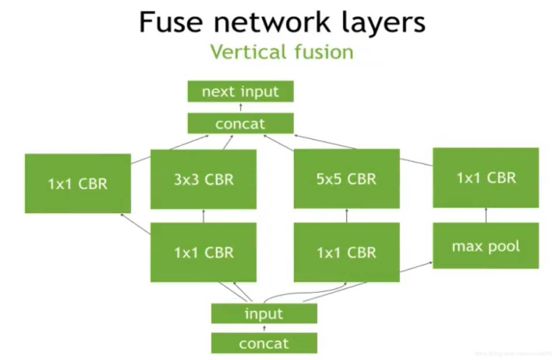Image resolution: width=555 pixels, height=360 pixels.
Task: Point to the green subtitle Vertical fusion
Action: point(281,52)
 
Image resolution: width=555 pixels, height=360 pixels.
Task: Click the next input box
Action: point(240,91)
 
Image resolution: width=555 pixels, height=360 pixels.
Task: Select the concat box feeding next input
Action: point(240,124)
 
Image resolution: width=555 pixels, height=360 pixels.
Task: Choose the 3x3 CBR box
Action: point(203,179)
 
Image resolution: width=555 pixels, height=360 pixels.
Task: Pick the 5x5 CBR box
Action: point(347,179)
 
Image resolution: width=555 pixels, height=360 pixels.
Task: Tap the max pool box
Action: point(486,246)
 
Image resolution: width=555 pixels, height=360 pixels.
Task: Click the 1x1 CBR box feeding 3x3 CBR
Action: point(203,253)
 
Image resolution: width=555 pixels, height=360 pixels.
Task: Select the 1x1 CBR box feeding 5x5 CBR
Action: point(347,253)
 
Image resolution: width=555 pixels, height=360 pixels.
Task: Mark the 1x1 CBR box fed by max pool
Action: point(486,178)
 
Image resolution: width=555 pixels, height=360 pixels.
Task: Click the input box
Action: point(264,314)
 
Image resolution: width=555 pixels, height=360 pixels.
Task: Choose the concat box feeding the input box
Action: point(264,343)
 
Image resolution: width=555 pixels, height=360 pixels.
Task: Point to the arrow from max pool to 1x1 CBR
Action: point(486,215)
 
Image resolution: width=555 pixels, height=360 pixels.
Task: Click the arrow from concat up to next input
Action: point(241,107)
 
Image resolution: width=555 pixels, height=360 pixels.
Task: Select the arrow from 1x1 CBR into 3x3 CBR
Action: point(203,216)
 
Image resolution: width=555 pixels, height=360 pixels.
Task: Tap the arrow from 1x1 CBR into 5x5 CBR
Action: point(347,216)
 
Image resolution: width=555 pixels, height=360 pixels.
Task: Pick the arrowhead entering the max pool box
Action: point(430,263)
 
